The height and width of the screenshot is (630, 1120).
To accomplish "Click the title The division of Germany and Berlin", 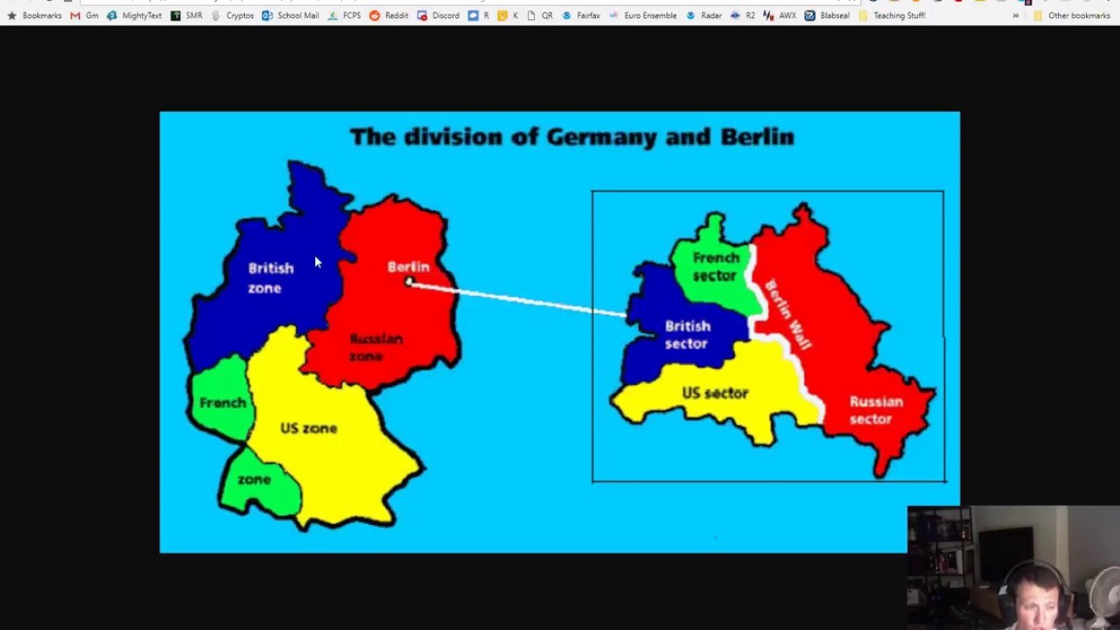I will (x=571, y=137).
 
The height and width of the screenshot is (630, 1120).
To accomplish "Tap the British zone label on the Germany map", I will (x=269, y=277).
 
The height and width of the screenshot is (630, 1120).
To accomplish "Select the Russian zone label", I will (x=375, y=347).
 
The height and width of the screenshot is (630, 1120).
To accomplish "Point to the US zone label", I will (x=308, y=428).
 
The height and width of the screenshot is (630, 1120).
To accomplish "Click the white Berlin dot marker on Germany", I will (x=409, y=282).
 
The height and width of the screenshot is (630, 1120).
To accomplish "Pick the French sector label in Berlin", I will (x=716, y=267).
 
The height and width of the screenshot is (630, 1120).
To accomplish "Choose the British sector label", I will (x=687, y=335).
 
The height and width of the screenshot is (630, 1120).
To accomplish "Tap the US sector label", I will (x=715, y=393).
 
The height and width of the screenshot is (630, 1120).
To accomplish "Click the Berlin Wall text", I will (x=787, y=315).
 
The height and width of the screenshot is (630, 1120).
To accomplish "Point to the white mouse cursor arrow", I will (x=317, y=262).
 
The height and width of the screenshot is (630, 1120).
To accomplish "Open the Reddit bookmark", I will (x=388, y=15).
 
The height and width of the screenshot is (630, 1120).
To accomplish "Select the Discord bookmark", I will (x=438, y=15).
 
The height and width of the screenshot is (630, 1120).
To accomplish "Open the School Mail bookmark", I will (x=290, y=15).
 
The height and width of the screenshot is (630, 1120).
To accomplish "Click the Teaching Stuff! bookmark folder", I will (x=892, y=15).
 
